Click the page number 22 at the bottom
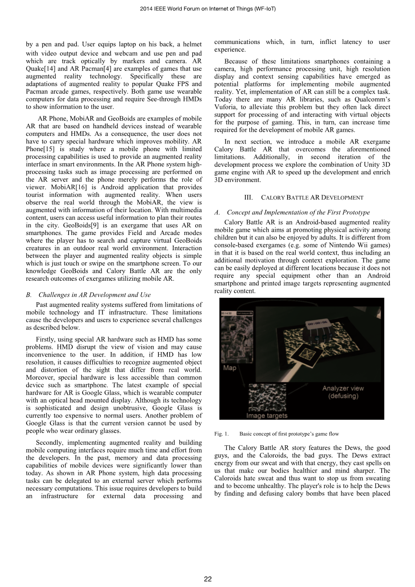[208, 579]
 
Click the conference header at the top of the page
[208, 9]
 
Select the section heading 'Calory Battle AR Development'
[303, 197]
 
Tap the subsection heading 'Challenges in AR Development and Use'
[94, 295]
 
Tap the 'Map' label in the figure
[230, 368]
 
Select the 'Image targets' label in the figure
[266, 415]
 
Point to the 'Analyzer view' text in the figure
[343, 388]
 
